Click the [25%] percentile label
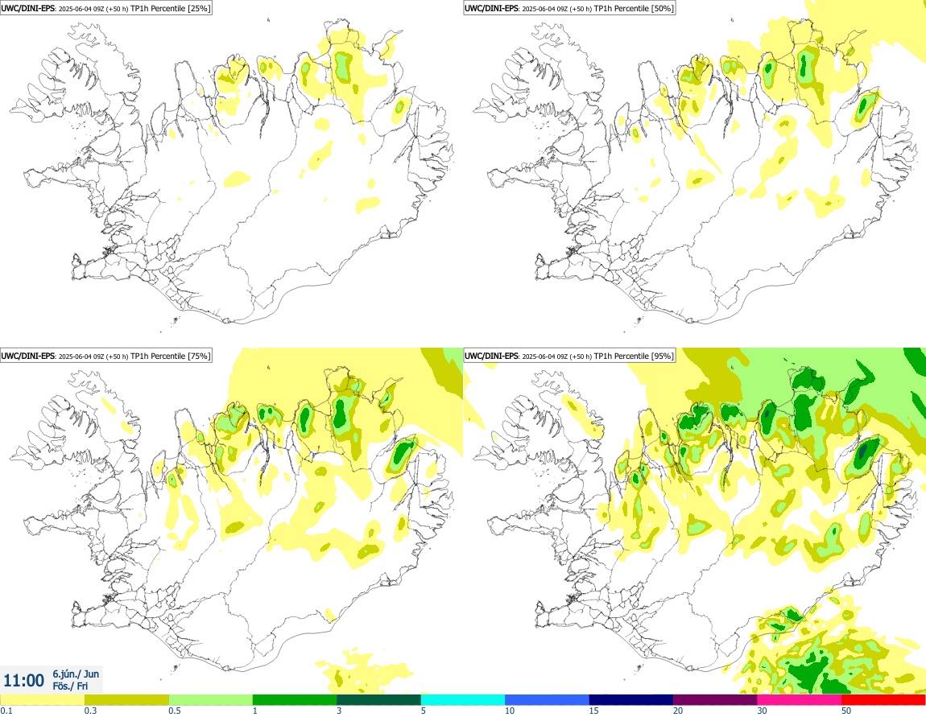[x=200, y=8]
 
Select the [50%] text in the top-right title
[x=663, y=8]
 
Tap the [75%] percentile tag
[x=200, y=356]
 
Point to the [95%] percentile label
[x=663, y=356]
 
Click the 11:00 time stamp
[x=23, y=681]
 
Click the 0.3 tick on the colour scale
[x=90, y=711]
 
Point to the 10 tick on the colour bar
[x=510, y=711]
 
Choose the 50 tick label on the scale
[x=846, y=711]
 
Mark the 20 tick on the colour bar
[x=678, y=711]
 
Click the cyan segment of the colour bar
[x=463, y=699]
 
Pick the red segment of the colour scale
[x=883, y=699]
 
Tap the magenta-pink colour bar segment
[x=799, y=699]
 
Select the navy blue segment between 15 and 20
[x=631, y=699]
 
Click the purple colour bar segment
[x=715, y=699]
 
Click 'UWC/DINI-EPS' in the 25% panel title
[x=28, y=8]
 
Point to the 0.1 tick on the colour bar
[x=6, y=711]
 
